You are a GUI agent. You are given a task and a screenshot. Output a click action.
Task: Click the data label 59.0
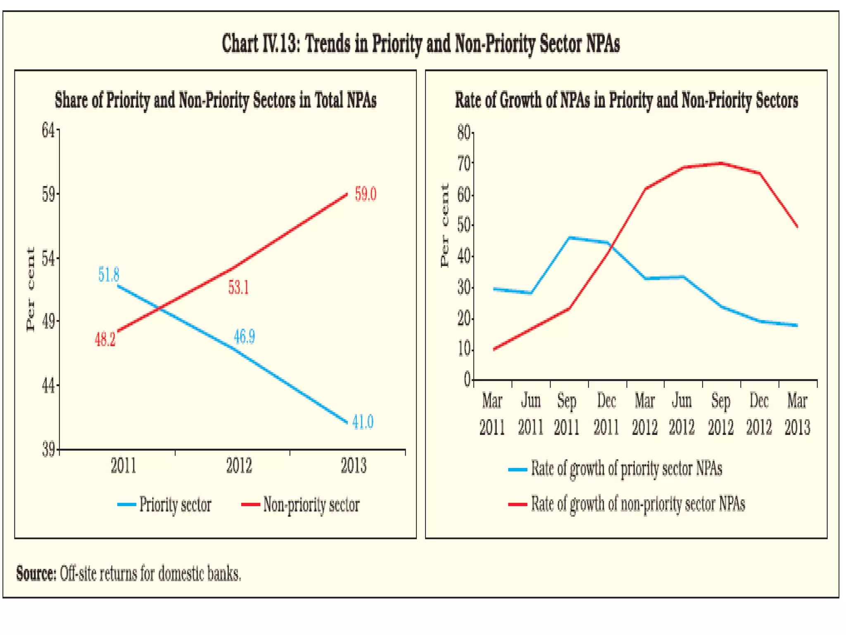click(366, 194)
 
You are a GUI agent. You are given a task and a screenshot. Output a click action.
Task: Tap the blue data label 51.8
click(109, 275)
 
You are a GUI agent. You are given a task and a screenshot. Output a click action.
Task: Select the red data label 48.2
click(105, 339)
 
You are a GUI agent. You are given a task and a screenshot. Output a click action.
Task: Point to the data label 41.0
click(363, 422)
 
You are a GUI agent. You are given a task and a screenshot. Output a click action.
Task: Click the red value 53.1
click(238, 287)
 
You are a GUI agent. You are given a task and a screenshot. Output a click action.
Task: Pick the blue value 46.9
click(244, 337)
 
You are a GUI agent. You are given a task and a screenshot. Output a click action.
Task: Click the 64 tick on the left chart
click(48, 130)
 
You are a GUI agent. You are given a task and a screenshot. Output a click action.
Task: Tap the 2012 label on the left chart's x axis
click(239, 466)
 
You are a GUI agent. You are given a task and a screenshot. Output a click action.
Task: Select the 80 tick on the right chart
click(463, 133)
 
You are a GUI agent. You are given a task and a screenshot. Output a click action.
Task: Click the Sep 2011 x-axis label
click(566, 414)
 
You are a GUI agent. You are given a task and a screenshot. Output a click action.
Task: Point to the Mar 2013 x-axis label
click(797, 414)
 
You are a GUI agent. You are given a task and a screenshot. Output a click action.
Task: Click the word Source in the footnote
click(36, 573)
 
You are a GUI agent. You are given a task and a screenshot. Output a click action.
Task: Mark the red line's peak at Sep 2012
click(721, 163)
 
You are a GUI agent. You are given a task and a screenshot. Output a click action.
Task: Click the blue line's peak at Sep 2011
click(569, 238)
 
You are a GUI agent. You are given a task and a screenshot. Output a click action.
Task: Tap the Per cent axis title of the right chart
click(444, 226)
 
